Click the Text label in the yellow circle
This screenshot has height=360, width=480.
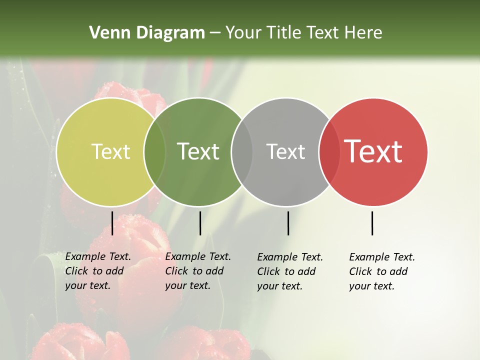tap(110, 151)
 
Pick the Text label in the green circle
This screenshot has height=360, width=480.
tap(198, 151)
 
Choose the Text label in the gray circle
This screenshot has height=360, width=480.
tap(285, 151)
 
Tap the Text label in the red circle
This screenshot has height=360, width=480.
tap(373, 151)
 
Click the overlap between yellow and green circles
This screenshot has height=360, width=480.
tap(154, 152)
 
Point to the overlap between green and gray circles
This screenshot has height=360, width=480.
tap(242, 152)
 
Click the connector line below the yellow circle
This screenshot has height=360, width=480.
tap(112, 223)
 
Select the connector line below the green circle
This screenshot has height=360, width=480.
tap(200, 223)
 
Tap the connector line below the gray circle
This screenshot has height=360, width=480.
tap(288, 223)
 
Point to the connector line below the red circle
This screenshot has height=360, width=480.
tap(372, 223)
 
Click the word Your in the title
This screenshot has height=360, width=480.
tap(243, 33)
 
